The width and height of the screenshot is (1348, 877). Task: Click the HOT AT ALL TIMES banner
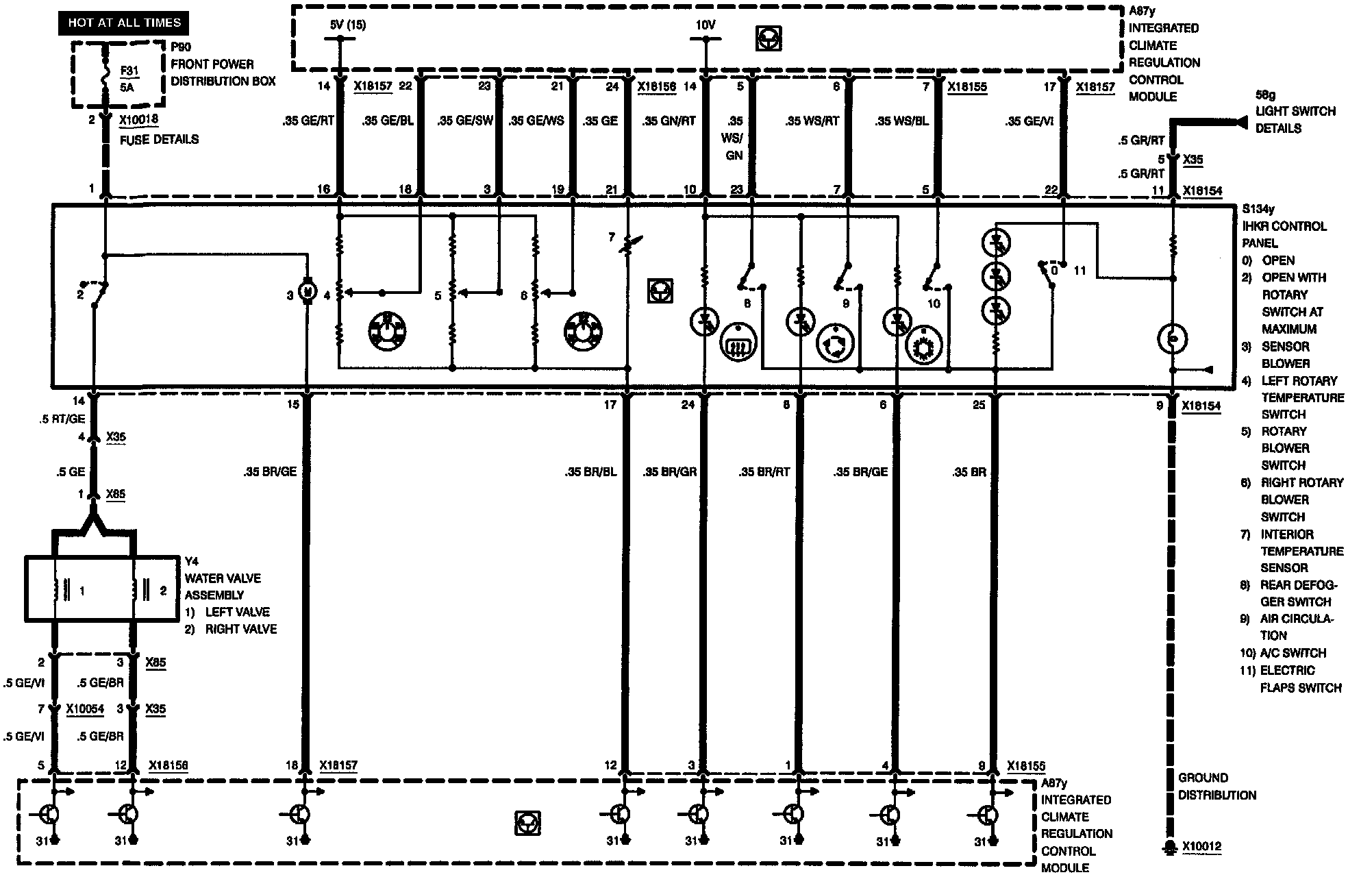124,23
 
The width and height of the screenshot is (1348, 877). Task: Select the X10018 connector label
139,121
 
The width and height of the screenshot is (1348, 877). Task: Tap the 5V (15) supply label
347,25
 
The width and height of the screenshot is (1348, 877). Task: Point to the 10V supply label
706,25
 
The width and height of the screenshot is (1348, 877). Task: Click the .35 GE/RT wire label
308,121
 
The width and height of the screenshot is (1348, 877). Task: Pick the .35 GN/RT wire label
669,121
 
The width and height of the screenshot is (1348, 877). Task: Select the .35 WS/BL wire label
901,121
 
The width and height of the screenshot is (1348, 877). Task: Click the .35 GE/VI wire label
1029,121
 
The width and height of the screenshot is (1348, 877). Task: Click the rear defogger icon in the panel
738,342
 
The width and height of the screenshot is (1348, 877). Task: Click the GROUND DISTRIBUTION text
1216,787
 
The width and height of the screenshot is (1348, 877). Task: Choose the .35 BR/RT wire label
764,472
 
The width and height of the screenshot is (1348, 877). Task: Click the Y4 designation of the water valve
192,561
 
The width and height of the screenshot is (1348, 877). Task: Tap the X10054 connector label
85,708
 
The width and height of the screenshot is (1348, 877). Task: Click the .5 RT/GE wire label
62,419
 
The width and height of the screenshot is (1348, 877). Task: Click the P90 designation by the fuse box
181,47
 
